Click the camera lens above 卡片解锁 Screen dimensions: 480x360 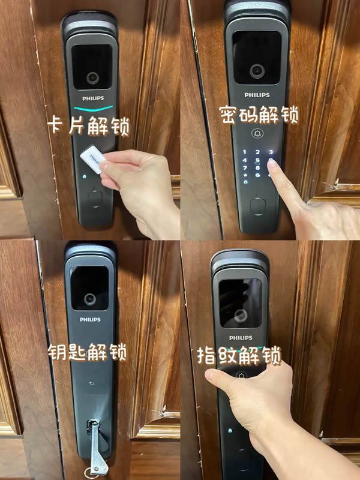coord(92,78)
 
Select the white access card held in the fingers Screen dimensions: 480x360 coord(94,160)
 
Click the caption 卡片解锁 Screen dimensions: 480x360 coord(90,127)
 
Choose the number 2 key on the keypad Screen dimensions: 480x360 coord(258,152)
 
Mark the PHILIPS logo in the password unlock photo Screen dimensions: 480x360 coord(257,95)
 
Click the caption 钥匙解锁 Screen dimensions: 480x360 coord(88,352)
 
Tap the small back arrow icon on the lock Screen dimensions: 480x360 coord(92,384)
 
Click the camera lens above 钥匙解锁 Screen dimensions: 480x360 coord(91,298)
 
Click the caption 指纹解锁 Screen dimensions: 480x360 coord(239,356)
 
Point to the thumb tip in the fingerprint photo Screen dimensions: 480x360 coord(211,376)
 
